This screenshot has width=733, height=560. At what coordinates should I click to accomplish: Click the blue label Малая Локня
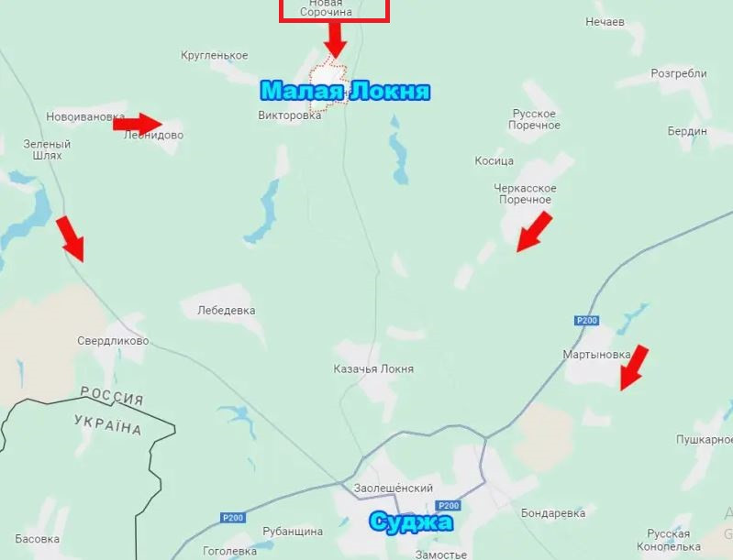click(x=345, y=92)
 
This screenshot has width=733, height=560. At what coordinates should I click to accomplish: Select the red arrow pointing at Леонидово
click(x=138, y=123)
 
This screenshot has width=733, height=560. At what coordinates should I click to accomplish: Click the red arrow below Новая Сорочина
click(x=335, y=38)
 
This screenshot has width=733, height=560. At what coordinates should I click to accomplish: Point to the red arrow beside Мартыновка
click(x=634, y=367)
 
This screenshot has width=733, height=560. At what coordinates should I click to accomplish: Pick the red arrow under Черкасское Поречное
click(x=534, y=231)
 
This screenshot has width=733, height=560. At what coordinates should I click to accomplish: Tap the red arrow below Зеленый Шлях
click(x=70, y=238)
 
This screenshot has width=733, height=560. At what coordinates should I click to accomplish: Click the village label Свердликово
click(x=113, y=341)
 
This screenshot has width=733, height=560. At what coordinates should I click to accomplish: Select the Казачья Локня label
click(x=373, y=369)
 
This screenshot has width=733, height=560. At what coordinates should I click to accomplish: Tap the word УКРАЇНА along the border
click(x=107, y=423)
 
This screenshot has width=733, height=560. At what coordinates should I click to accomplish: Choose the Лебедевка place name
click(x=226, y=311)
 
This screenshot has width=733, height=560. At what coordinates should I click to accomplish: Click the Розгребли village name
click(x=679, y=74)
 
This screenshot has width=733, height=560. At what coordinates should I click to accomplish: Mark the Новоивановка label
click(x=85, y=117)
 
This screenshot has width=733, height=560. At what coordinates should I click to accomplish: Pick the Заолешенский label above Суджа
click(x=393, y=489)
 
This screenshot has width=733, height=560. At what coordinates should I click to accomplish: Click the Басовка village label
click(x=38, y=539)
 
